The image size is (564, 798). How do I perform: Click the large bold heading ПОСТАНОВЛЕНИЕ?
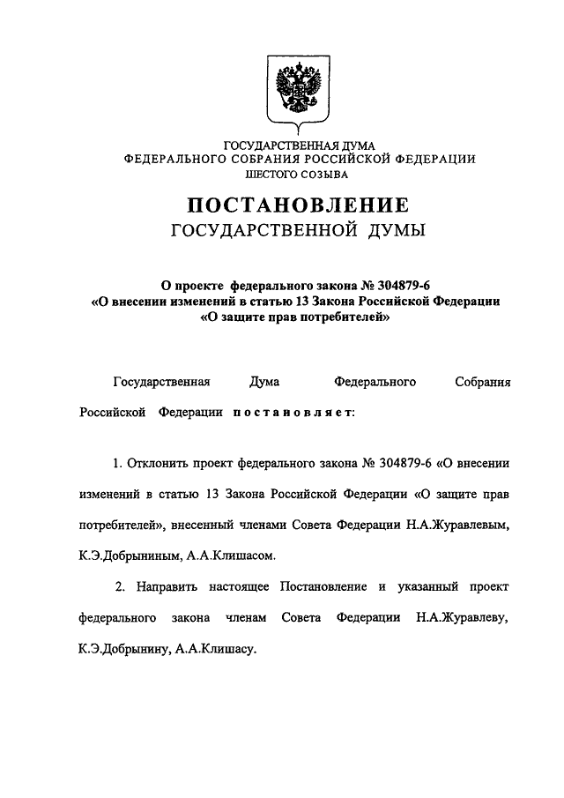(x=298, y=206)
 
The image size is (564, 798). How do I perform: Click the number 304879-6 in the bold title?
(x=404, y=285)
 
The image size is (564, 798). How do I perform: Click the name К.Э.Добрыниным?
(x=129, y=556)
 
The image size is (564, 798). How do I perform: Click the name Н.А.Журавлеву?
(x=464, y=617)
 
